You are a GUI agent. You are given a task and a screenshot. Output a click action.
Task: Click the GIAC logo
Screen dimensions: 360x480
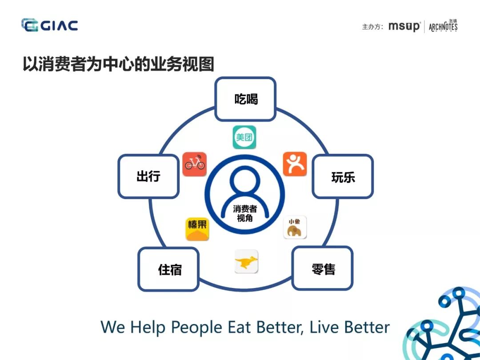coord(49,25)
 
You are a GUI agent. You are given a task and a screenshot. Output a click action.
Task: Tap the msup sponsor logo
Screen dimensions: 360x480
coord(404,27)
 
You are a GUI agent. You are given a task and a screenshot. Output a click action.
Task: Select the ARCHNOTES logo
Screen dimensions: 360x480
coord(443,26)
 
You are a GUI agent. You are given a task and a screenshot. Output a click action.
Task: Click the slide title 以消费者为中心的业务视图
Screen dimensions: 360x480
coord(118,64)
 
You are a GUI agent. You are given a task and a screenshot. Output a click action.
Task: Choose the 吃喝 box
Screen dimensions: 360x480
coord(246,99)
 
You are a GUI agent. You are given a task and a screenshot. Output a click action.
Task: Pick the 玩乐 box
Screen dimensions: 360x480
coord(343,176)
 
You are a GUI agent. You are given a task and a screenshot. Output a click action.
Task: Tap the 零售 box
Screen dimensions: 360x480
coord(323,269)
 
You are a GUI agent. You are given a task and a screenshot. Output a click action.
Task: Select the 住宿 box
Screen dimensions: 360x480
coord(169,269)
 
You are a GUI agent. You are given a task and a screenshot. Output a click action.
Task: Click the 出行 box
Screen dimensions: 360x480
coord(148,176)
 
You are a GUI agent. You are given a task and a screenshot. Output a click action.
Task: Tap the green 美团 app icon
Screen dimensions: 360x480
coord(244,137)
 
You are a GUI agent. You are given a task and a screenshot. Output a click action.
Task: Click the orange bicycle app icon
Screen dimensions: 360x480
coord(194,164)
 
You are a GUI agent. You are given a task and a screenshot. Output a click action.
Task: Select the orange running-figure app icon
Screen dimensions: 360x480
coord(295,164)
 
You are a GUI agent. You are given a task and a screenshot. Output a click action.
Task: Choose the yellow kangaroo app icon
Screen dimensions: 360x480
coord(246,262)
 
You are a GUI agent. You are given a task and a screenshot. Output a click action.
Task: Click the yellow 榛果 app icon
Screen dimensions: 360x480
coord(197,229)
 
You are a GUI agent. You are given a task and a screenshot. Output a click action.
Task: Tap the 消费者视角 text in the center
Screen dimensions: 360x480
coord(244,213)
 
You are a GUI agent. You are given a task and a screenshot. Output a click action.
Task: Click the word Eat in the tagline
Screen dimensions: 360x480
coord(240,327)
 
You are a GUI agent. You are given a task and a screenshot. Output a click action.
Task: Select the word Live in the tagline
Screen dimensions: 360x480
coord(323,327)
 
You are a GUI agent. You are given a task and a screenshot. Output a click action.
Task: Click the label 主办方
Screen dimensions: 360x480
coord(372,27)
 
